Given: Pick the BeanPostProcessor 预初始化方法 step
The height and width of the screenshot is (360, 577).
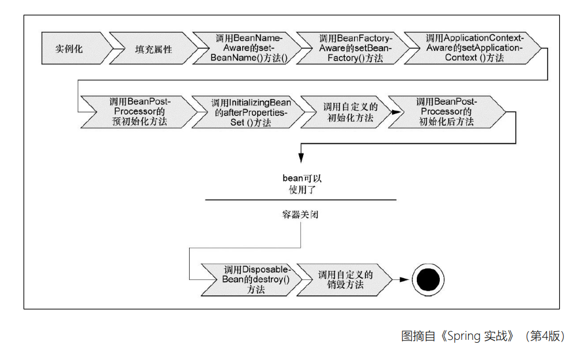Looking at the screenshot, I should (x=137, y=112).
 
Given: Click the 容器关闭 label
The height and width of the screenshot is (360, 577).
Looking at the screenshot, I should (x=300, y=215).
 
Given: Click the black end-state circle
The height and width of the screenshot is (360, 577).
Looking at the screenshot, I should (x=428, y=281).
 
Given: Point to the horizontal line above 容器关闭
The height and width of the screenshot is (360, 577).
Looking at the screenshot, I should (x=300, y=200).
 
